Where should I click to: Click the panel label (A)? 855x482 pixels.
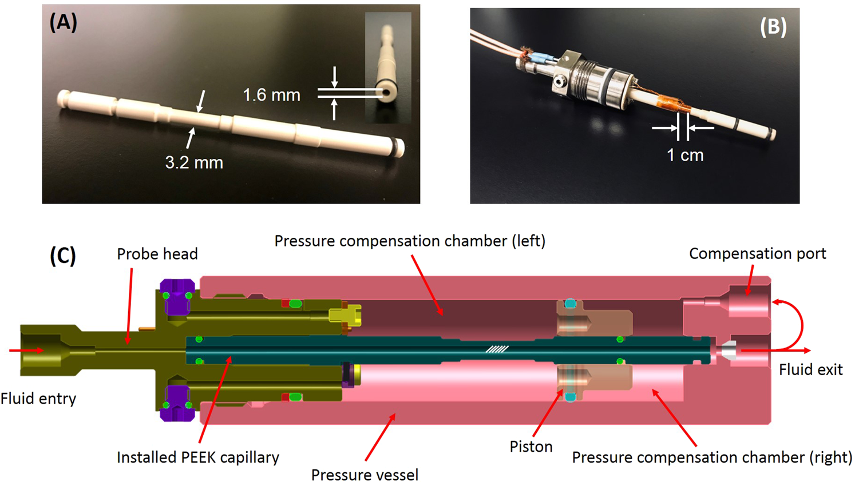(63, 22)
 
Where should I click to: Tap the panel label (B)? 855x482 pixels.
(773, 26)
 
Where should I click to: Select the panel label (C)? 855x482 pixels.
(62, 256)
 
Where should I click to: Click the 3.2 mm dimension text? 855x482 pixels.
(194, 163)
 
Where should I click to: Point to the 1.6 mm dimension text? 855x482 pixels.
(271, 95)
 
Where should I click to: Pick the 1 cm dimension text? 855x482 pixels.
(685, 155)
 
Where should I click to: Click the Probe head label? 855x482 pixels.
(157, 254)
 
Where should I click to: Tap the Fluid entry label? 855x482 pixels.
(38, 399)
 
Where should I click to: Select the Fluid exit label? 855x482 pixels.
(810, 369)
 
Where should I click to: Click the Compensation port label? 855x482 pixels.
(757, 253)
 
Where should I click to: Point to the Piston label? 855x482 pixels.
(531, 447)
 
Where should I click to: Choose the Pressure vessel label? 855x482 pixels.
(365, 475)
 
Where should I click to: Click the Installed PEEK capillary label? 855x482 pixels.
(198, 457)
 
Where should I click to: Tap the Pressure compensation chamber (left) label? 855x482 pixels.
(410, 241)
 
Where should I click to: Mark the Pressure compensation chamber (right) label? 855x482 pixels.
(712, 457)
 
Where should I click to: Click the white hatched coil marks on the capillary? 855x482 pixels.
(497, 349)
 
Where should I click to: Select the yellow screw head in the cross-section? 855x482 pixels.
(344, 315)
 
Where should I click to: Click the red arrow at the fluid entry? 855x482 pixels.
(26, 350)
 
